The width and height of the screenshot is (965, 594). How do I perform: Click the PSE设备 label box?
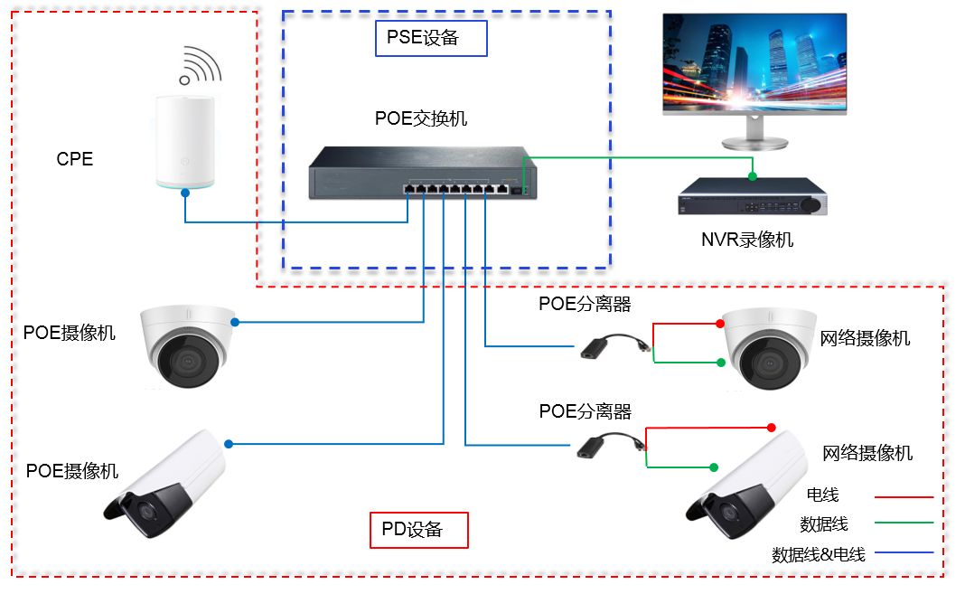click(x=431, y=38)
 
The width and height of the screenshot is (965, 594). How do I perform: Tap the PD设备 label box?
click(x=419, y=530)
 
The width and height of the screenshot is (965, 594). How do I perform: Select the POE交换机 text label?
click(x=421, y=118)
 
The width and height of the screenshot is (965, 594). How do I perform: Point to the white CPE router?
click(x=186, y=140)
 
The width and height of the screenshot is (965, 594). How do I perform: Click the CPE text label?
click(x=74, y=159)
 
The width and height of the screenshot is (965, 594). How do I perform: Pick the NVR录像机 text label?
click(x=747, y=240)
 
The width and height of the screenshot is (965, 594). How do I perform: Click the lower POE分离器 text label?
click(x=585, y=411)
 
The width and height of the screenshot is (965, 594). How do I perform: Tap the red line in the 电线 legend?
click(x=903, y=496)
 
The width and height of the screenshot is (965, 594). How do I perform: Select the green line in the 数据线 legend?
click(x=903, y=523)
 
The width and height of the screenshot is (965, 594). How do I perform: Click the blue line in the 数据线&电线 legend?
click(x=903, y=552)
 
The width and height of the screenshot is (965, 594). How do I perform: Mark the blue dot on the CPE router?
click(x=185, y=192)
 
